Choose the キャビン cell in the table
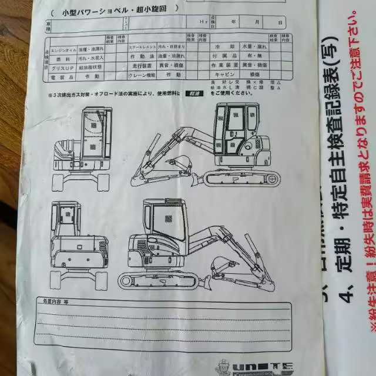tap(225, 76)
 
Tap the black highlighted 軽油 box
tap(193, 93)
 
